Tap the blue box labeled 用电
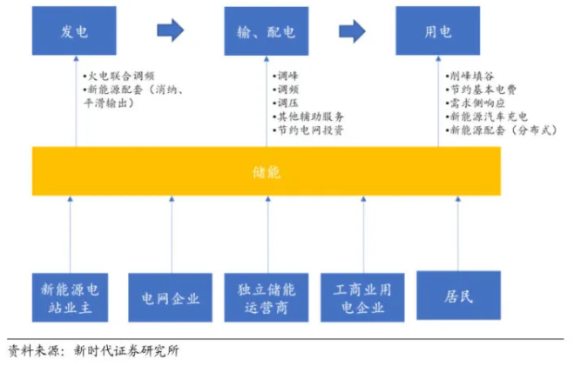[437, 31]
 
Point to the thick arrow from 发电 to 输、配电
[170, 31]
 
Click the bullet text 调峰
[287, 76]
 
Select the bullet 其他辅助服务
[310, 116]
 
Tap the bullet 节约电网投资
[310, 130]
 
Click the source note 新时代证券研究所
[127, 351]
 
